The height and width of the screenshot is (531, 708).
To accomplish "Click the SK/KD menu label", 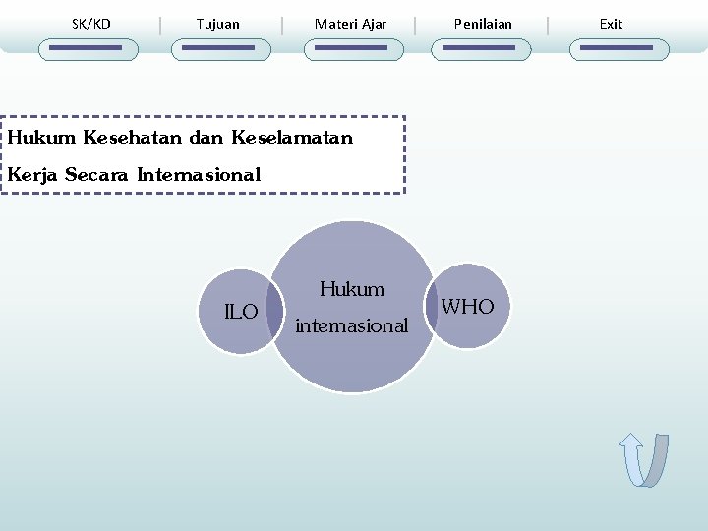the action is tap(91, 24).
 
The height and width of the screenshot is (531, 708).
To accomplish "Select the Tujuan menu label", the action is tap(217, 24).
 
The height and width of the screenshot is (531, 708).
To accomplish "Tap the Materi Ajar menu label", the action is tap(350, 24).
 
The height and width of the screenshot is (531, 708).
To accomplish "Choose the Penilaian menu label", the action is tap(483, 24).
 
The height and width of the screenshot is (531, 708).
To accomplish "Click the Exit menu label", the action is tap(611, 24).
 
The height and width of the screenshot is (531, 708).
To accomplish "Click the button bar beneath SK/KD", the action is tap(88, 48).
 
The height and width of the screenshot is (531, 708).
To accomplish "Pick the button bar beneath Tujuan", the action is tap(218, 48).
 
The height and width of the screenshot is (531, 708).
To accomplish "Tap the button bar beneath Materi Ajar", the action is tap(353, 48).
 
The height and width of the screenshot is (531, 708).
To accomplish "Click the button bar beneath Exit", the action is tap(619, 48).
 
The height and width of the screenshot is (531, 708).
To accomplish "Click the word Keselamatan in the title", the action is tap(292, 138).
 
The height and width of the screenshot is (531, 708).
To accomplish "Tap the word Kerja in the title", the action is tap(32, 175).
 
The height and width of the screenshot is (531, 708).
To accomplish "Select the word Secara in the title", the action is tap(97, 175).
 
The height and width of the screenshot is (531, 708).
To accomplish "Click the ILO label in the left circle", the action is tap(241, 313).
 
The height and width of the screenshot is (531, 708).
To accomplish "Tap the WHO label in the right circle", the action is tap(468, 307).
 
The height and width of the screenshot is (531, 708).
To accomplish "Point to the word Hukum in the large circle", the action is tap(352, 289).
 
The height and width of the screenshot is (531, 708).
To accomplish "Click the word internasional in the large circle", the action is tap(351, 325).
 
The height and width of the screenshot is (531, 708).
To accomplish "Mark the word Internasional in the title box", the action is tap(199, 175).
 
